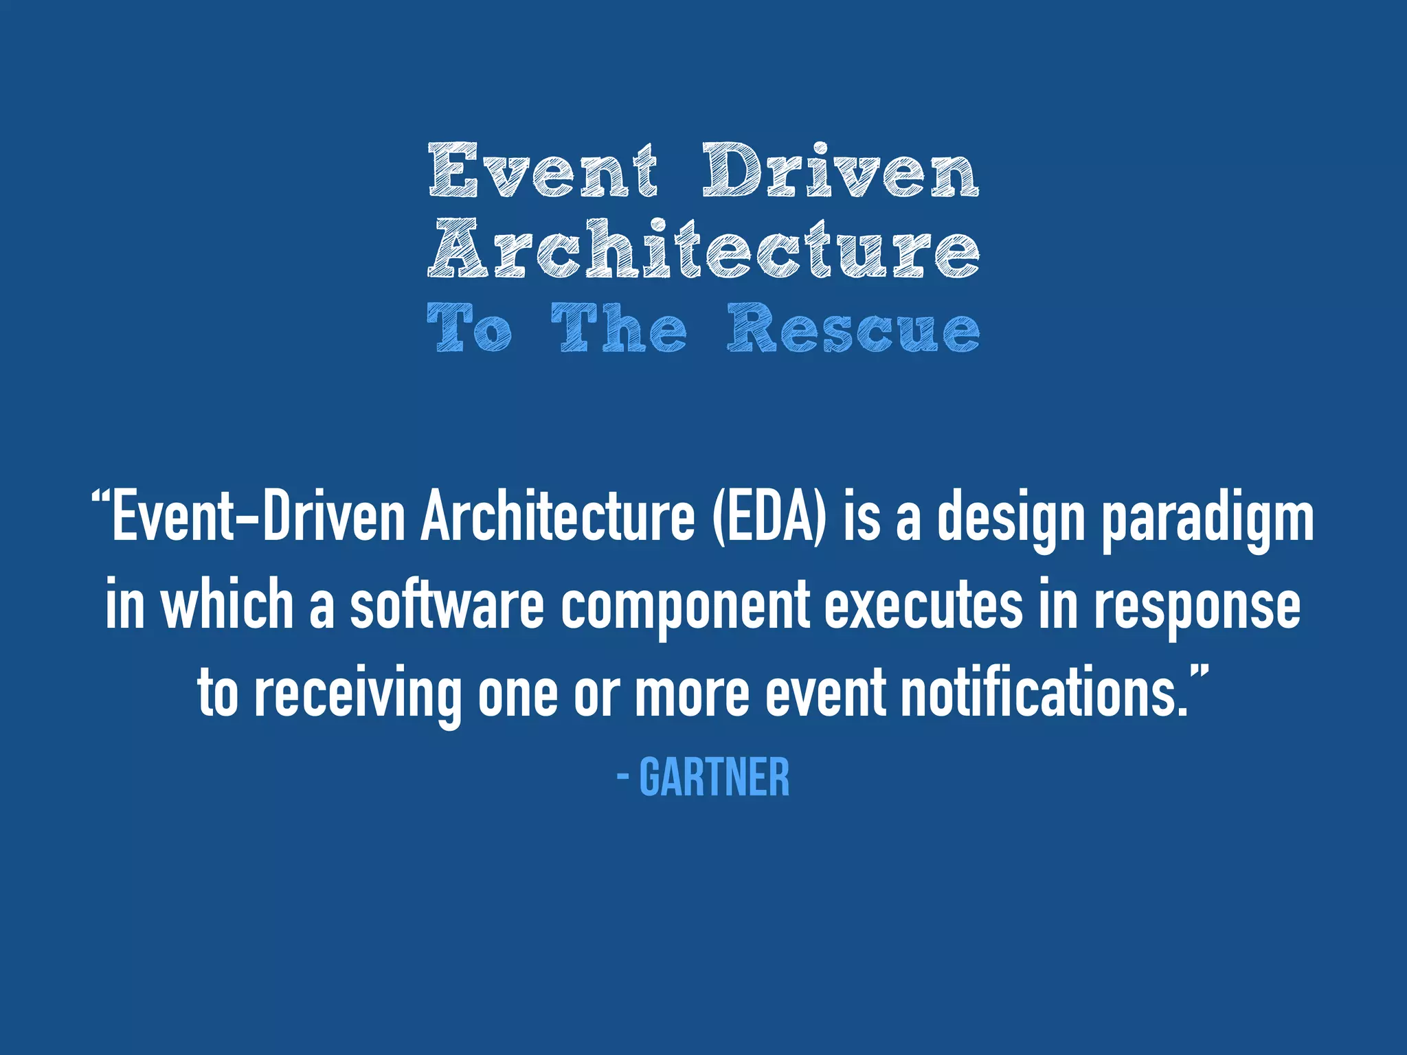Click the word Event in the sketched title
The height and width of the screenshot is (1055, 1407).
[x=543, y=170]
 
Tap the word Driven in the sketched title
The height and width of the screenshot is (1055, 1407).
[x=840, y=170]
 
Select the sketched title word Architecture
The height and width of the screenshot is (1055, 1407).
[x=704, y=249]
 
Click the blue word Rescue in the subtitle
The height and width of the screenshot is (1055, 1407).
[x=854, y=328]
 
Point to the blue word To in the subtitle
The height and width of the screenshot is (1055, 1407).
[x=469, y=328]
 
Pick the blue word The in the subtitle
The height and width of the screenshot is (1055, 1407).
[x=618, y=328]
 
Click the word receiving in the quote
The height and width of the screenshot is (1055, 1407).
[x=357, y=694]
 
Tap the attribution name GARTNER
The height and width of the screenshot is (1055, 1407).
[x=714, y=778]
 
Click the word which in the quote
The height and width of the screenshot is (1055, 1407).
[x=227, y=604]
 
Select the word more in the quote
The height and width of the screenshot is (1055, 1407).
[x=692, y=694]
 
